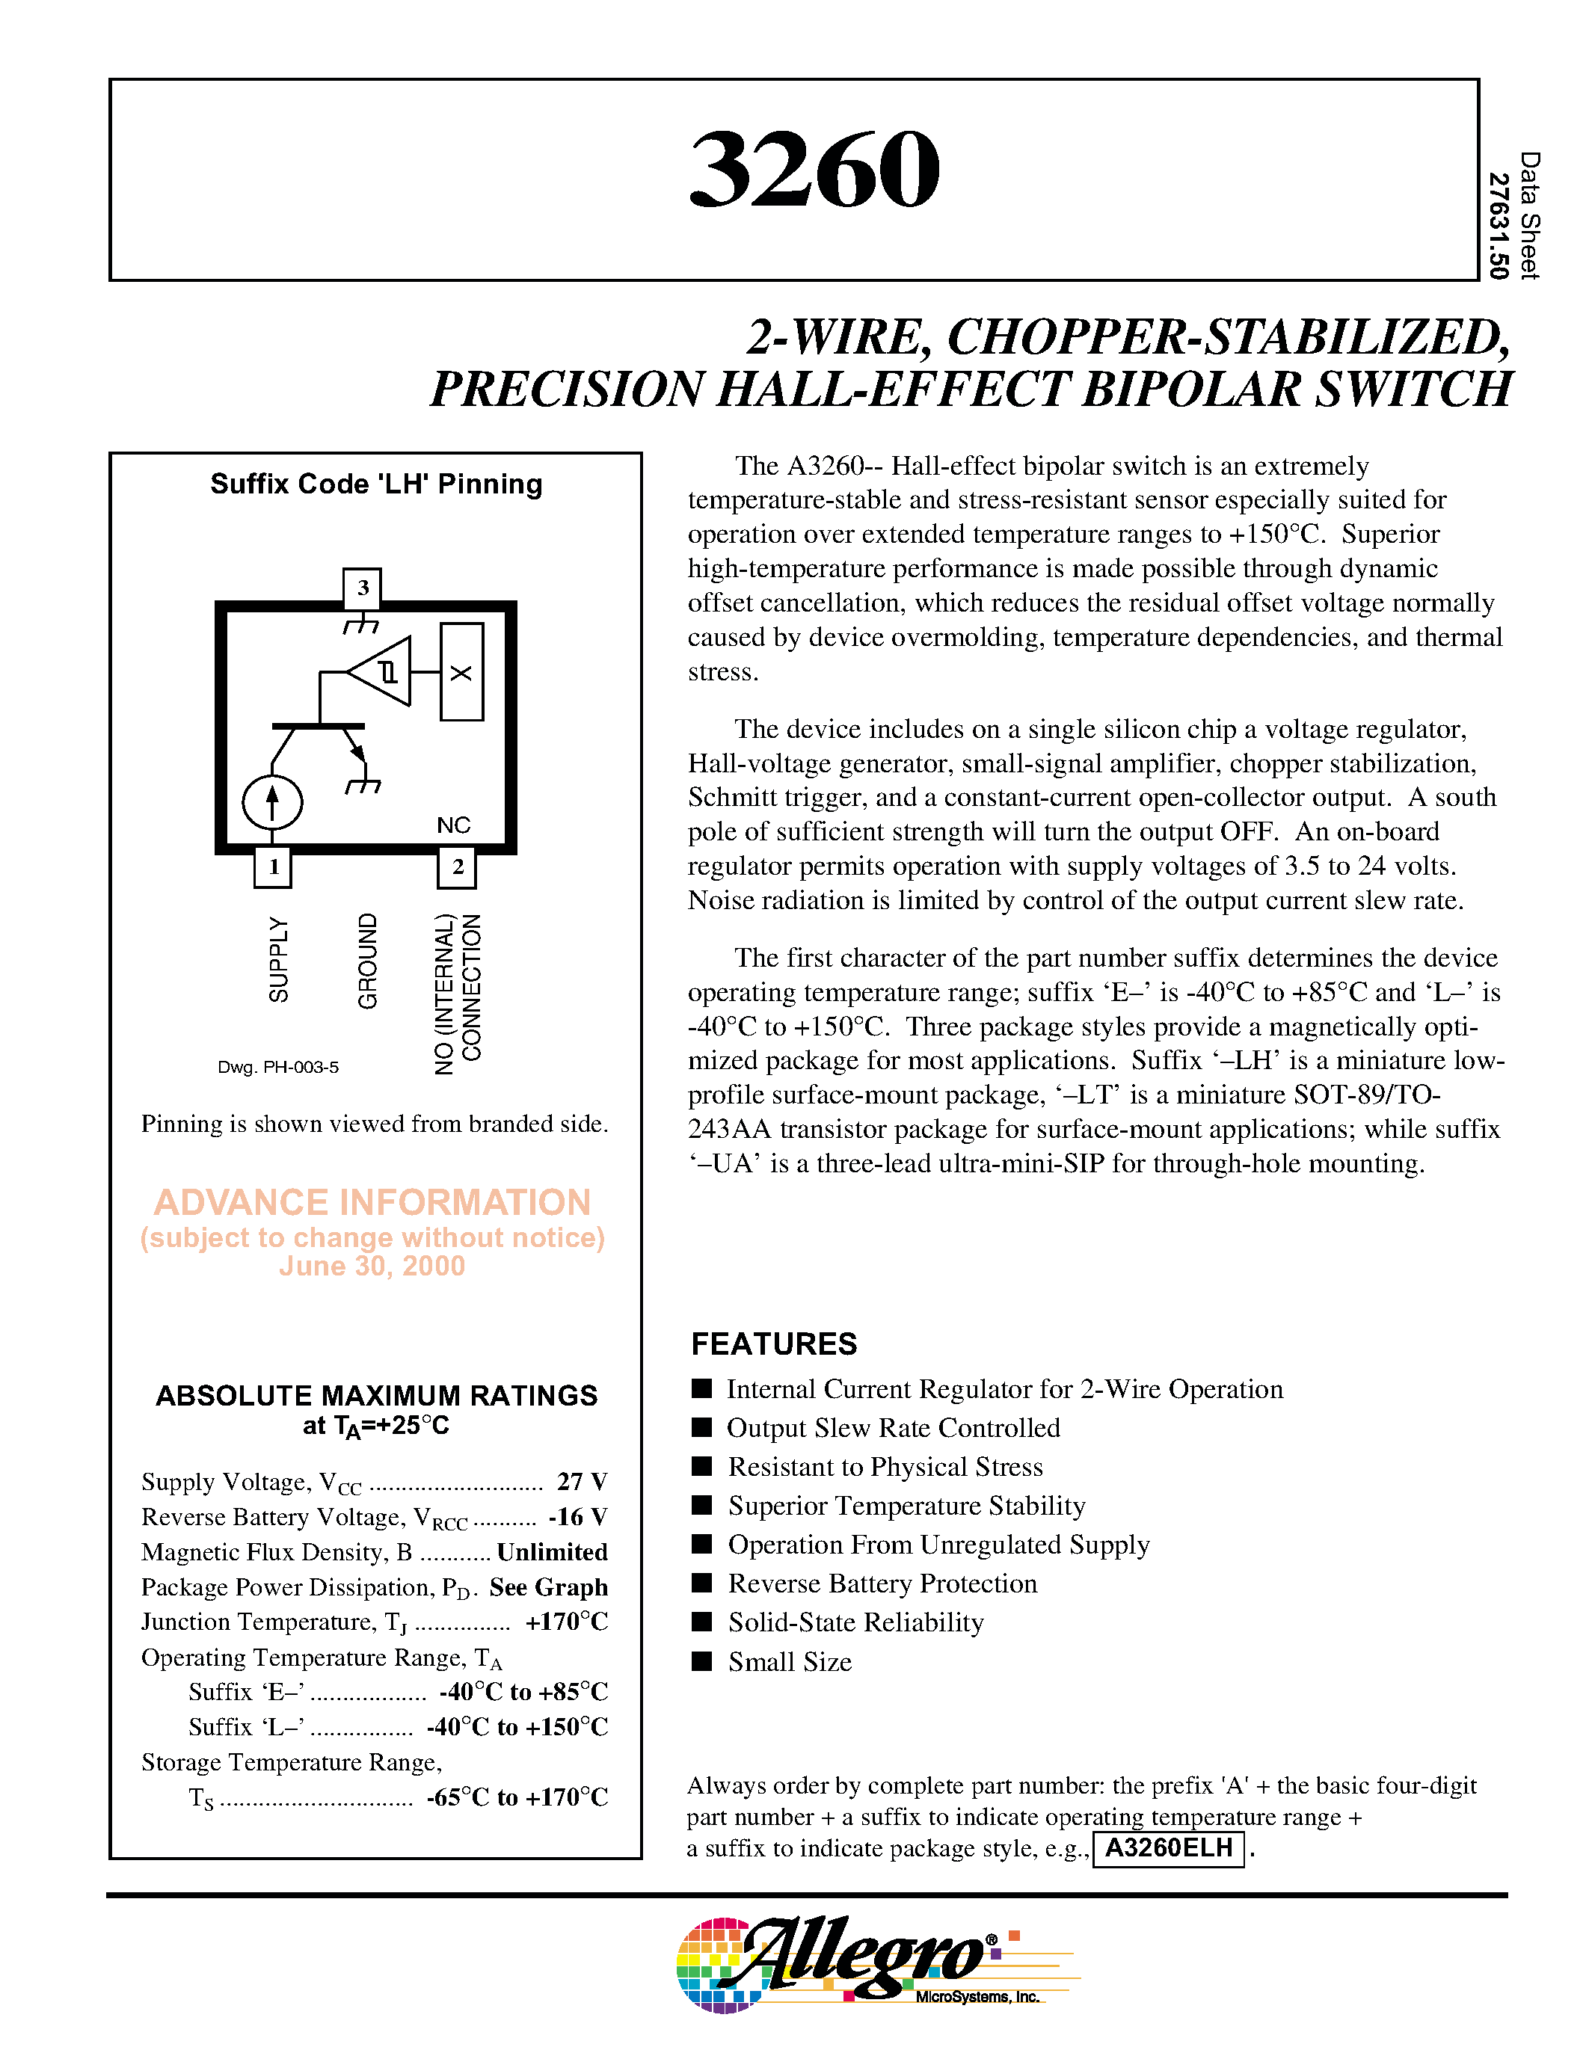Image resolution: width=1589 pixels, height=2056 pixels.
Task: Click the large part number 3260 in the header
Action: coord(814,170)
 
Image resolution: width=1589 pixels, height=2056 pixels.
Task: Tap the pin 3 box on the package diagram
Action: coord(363,588)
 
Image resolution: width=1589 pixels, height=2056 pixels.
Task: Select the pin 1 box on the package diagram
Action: coord(273,867)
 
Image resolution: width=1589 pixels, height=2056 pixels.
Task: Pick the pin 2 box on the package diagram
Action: coord(458,867)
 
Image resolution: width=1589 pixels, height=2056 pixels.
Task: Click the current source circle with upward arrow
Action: coord(272,803)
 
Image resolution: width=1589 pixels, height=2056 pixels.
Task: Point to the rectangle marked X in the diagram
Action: coord(461,672)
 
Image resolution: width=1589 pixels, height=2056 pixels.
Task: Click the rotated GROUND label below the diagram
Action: coord(367,960)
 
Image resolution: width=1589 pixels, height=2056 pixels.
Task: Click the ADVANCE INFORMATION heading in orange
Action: coord(372,1202)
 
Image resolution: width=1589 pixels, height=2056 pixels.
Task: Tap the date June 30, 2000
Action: coord(372,1266)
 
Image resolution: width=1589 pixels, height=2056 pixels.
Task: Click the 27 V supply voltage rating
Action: coord(582,1482)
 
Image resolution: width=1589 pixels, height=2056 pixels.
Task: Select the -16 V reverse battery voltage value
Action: coord(578,1517)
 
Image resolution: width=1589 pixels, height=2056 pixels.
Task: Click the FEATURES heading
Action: coord(774,1344)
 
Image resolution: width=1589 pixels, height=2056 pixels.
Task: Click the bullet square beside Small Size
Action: coord(701,1661)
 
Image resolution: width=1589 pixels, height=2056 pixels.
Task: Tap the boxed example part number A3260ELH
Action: coord(1168,1848)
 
